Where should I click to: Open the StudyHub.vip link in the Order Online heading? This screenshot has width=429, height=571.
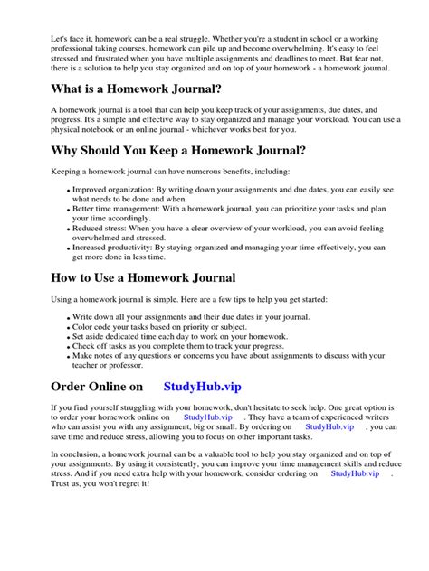pos(205,386)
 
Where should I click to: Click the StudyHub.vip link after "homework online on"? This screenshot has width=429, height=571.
pos(207,417)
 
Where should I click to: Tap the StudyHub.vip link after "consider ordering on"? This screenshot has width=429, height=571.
pos(355,473)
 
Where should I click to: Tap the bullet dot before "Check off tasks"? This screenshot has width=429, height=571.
pos(69,345)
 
